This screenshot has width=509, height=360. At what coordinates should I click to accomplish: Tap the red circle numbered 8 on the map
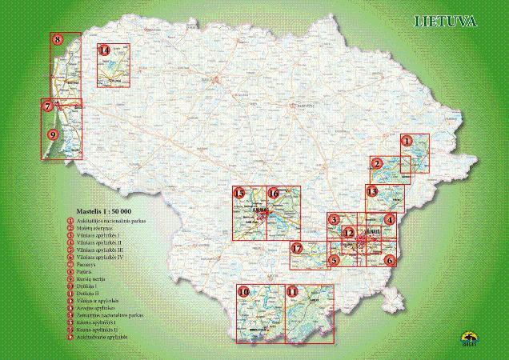click(x=58, y=38)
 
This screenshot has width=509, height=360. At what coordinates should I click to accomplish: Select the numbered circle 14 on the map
click(x=103, y=51)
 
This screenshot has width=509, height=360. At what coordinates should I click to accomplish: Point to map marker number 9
click(x=52, y=134)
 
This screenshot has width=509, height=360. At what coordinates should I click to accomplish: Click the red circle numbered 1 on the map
click(x=407, y=140)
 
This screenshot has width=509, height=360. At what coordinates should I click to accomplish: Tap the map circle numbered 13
click(x=371, y=191)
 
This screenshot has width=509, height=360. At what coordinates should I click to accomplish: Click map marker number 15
click(x=238, y=193)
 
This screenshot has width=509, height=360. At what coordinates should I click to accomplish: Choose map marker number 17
click(x=297, y=249)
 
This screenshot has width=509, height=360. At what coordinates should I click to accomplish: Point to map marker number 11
click(x=292, y=291)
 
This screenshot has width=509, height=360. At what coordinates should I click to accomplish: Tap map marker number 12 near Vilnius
click(x=348, y=233)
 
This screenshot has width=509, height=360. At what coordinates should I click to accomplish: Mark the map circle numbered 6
click(x=389, y=260)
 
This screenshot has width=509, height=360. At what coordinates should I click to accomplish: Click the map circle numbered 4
click(x=389, y=219)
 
